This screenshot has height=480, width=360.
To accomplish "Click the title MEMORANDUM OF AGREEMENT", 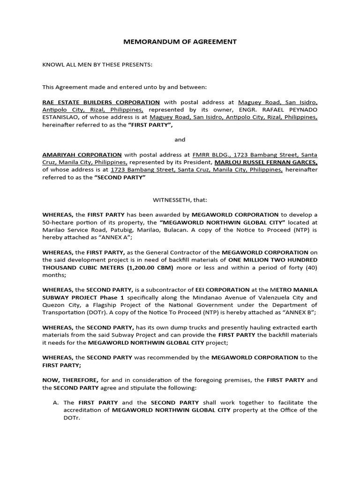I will (180, 42).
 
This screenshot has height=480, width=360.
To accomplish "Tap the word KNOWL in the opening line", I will (53, 64).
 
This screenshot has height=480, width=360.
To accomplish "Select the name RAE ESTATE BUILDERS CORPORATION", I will (101, 102).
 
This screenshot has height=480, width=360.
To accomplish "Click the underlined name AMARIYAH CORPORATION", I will (82, 155).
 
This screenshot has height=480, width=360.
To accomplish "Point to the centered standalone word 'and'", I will (180, 140).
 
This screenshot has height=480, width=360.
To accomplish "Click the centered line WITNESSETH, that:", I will (180, 200).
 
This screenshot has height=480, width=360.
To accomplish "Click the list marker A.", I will (56, 402).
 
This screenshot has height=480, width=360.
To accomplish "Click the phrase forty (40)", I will (301, 267).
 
